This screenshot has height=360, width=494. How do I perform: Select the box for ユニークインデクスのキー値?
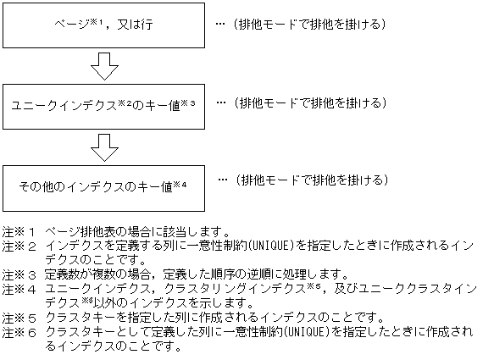coord(104,105)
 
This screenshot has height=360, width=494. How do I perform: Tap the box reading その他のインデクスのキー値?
coord(104,183)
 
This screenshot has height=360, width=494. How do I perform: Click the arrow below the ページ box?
coord(103,64)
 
